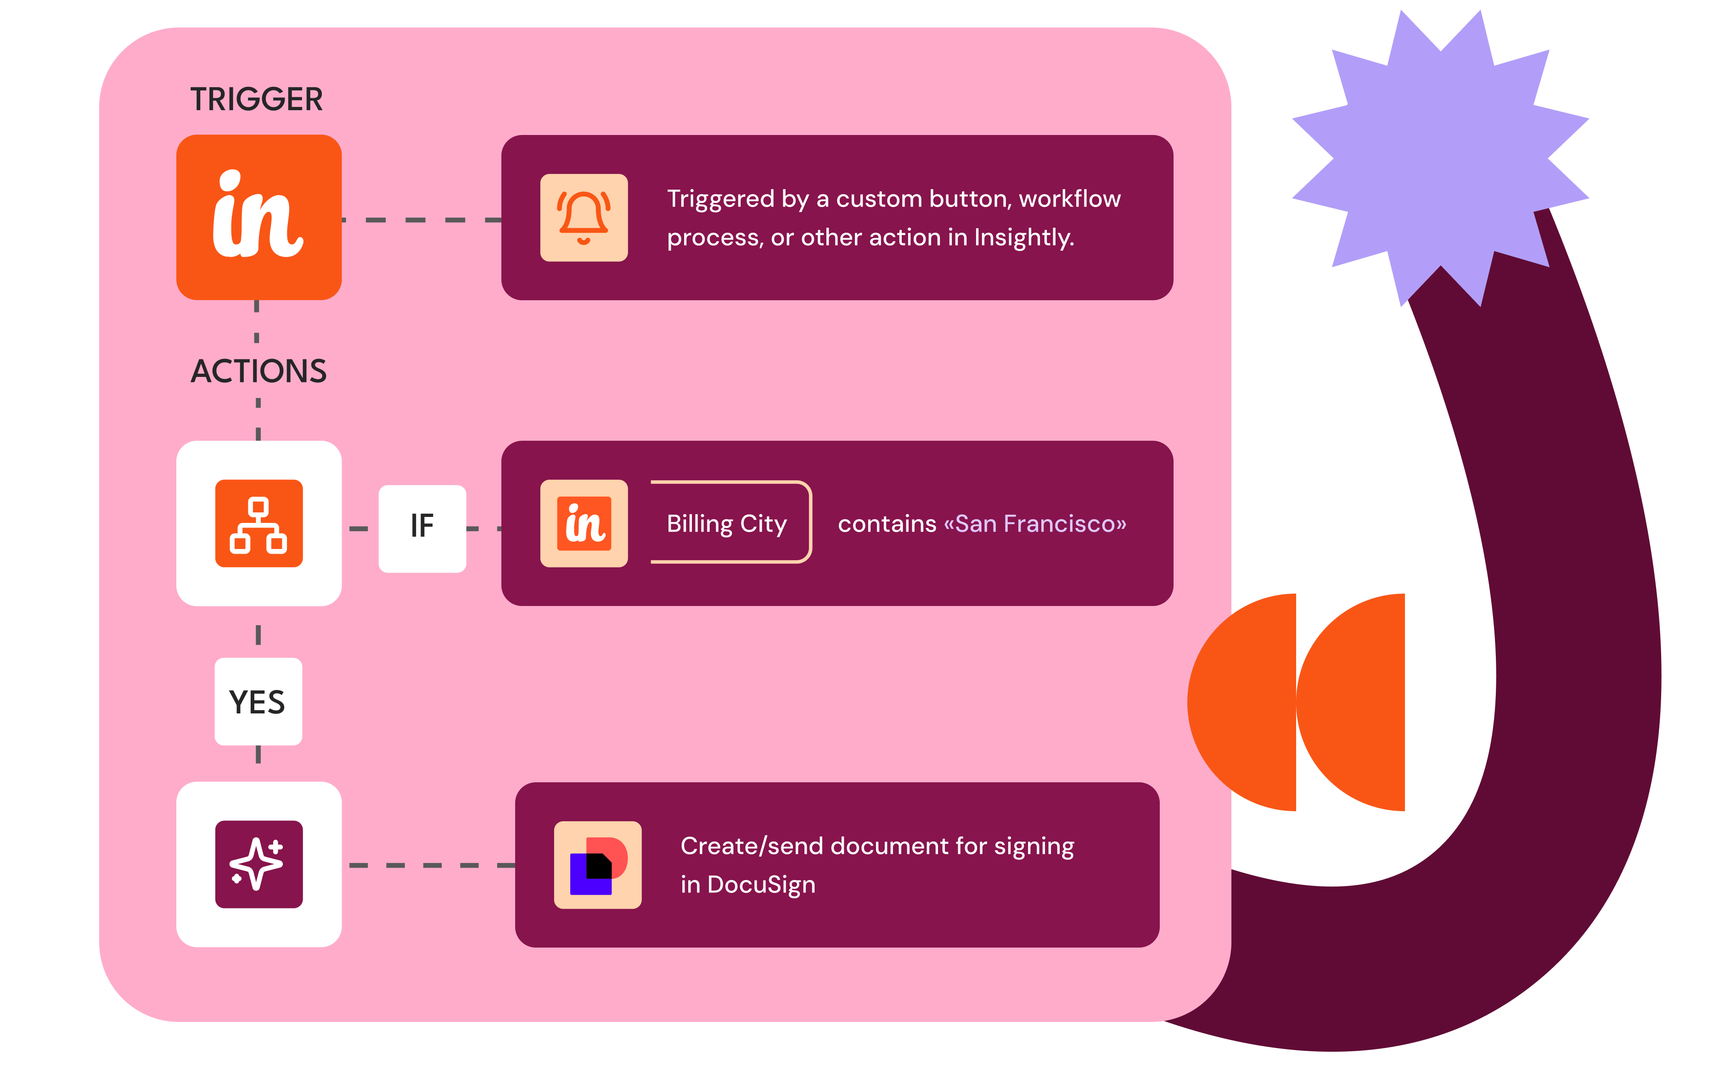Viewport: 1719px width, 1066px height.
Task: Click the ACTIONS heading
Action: (x=259, y=371)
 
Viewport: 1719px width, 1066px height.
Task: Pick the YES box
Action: (x=258, y=701)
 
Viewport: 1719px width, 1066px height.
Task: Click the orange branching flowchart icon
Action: (x=259, y=523)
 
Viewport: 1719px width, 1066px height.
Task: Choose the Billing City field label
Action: (x=726, y=524)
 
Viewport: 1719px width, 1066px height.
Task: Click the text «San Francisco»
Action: (x=1034, y=523)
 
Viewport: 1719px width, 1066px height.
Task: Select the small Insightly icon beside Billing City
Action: (x=584, y=523)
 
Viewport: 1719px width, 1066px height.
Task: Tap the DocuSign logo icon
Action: (x=598, y=864)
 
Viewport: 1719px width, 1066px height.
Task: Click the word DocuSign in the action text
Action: (x=762, y=885)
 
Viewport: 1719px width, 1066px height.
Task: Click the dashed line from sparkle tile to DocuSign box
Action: (x=432, y=865)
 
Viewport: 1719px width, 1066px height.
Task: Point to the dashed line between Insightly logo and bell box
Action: (x=421, y=220)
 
